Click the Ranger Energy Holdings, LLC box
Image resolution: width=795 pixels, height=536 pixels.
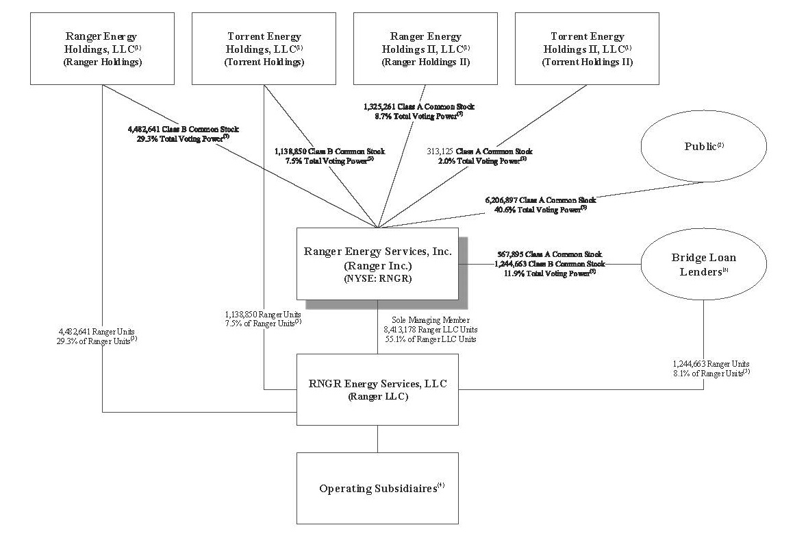tap(102, 49)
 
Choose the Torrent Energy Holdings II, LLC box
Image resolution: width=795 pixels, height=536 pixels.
tap(588, 49)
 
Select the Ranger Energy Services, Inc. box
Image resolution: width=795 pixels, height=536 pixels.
tap(377, 264)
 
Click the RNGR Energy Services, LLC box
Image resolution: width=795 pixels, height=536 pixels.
tap(377, 389)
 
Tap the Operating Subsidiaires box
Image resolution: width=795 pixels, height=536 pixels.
tap(377, 488)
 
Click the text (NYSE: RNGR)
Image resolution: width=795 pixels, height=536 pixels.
tap(377, 279)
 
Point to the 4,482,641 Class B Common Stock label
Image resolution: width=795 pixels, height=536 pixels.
tap(184, 127)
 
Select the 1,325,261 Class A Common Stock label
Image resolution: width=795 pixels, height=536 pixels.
tap(418, 107)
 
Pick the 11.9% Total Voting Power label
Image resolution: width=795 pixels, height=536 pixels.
tap(551, 273)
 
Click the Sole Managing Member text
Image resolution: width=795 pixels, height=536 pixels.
tap(430, 319)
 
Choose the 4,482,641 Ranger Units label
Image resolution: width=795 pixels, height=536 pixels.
tap(98, 330)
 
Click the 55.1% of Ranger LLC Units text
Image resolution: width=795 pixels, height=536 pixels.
tap(430, 339)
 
